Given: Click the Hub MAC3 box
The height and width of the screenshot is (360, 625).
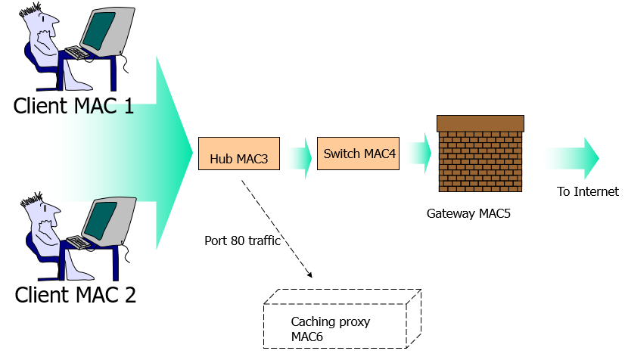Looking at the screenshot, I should coord(239,154).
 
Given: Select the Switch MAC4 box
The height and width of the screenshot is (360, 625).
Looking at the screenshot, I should coord(357,154).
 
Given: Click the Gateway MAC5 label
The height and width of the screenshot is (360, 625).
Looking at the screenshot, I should coord(468,214).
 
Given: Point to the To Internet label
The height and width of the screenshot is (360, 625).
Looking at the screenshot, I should coord(588,192).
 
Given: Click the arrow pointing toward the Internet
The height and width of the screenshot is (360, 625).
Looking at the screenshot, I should coord(574,158).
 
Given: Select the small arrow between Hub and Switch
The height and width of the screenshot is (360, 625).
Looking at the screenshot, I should coord(299,158).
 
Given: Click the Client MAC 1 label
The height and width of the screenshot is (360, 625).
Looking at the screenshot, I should coord(73,106).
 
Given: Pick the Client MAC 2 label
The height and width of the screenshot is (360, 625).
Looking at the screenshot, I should coord(76,294).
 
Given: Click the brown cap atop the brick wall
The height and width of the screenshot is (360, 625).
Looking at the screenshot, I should coord(480,123).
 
